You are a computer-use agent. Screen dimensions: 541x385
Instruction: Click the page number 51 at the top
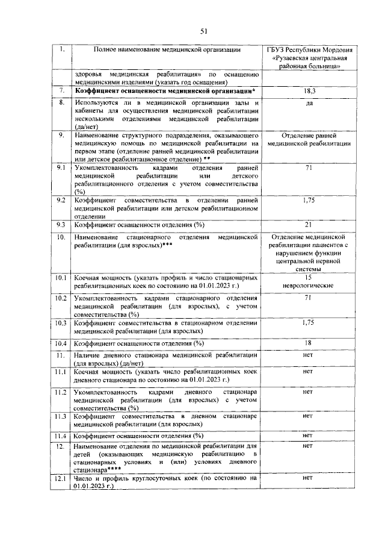[x=203, y=31]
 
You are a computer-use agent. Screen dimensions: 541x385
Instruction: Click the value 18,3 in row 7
[x=308, y=90]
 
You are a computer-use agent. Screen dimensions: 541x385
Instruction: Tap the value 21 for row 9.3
[x=308, y=225]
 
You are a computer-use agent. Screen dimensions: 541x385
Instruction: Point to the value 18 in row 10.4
[x=308, y=343]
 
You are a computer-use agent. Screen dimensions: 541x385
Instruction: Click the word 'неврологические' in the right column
[x=308, y=284]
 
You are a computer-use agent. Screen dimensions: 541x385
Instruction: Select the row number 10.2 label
[x=61, y=298]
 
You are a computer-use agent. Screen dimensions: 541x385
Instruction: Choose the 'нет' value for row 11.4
[x=308, y=435]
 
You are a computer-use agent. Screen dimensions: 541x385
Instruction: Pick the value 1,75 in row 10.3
[x=308, y=323]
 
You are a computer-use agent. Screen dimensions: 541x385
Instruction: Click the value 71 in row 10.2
[x=308, y=298]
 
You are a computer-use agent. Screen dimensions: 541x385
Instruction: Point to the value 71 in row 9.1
[x=308, y=167]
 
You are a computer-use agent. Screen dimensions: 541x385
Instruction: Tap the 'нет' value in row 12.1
[x=308, y=478]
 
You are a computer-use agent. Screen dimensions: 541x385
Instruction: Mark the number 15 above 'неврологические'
[x=308, y=277]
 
